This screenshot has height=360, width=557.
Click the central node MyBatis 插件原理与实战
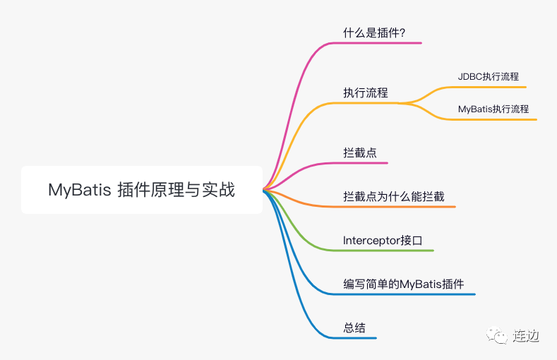[141, 189]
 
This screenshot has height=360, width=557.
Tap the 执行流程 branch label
[366, 92]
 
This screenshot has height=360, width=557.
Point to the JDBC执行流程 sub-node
[489, 76]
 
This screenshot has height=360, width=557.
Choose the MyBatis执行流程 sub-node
[493, 109]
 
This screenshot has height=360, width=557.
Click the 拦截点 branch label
[360, 152]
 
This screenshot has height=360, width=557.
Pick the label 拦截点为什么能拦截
[394, 196]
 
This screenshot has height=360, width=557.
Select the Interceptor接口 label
[383, 240]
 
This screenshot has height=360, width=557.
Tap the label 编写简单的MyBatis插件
[404, 284]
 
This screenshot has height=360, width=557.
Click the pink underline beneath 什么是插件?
[381, 43]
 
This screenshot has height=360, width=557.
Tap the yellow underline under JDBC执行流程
[487, 87]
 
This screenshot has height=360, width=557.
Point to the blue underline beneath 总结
[357, 338]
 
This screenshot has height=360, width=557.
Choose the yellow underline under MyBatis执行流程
[494, 119]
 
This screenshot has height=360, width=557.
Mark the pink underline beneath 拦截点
[364, 163]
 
